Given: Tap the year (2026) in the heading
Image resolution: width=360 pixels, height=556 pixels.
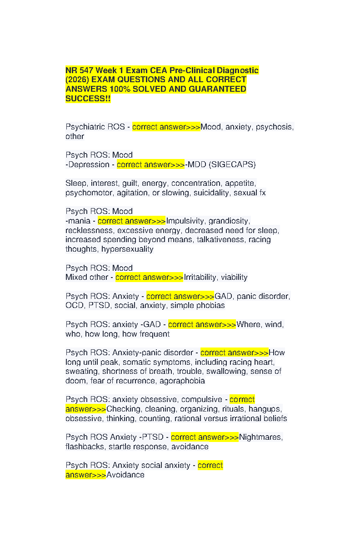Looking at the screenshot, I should (x=77, y=79).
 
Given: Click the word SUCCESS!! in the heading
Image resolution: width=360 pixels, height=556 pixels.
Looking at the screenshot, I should (x=88, y=99).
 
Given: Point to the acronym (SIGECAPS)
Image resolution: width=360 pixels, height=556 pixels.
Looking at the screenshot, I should (x=232, y=164).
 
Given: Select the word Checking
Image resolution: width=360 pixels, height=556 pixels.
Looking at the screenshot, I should (x=124, y=409).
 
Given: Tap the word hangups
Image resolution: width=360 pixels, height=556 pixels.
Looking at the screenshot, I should (x=265, y=409).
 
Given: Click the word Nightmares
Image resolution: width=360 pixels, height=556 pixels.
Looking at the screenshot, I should (x=261, y=437).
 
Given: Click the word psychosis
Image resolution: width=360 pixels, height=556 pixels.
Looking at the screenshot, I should (x=274, y=127).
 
